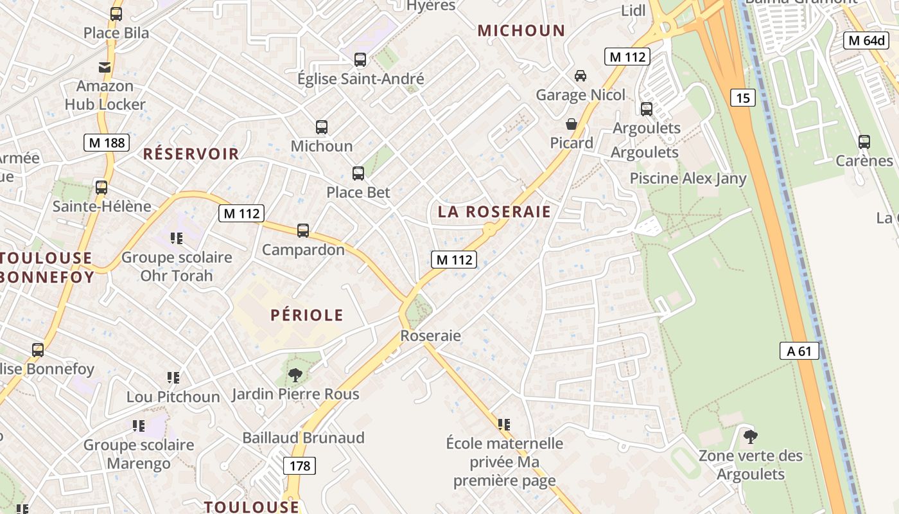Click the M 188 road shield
click(x=107, y=143)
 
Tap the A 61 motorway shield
click(x=799, y=351)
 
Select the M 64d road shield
click(x=866, y=40)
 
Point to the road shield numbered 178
click(x=300, y=466)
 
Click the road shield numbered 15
click(x=743, y=98)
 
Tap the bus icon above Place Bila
click(x=116, y=13)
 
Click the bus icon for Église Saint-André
click(x=360, y=60)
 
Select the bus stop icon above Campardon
click(x=303, y=230)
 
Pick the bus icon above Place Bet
click(x=358, y=173)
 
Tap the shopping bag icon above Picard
click(x=572, y=124)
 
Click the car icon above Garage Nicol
click(x=580, y=76)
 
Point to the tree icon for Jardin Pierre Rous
click(x=295, y=375)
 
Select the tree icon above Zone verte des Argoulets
click(x=750, y=437)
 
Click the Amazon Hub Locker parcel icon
click(x=105, y=67)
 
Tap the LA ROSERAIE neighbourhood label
click(x=494, y=212)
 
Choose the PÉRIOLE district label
click(x=307, y=315)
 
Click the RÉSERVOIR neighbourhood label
click(x=191, y=154)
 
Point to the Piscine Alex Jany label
click(x=688, y=179)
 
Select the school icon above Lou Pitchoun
click(x=173, y=377)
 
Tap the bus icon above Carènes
click(x=864, y=141)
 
